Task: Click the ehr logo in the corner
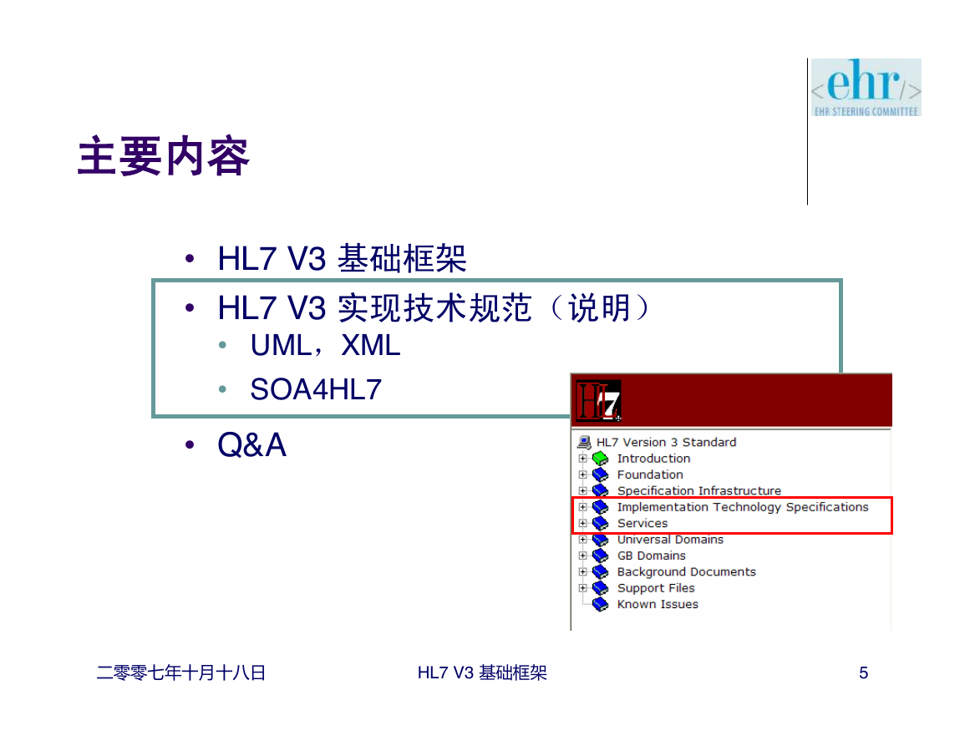pos(866,88)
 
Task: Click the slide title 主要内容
pos(164,156)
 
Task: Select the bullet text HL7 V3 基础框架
pos(343,258)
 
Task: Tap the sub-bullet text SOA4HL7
pos(316,389)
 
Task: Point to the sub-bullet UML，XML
pos(325,345)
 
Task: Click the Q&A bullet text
pos(251,444)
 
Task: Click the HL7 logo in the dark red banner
pos(598,401)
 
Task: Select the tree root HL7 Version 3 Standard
pos(666,442)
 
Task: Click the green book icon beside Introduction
pos(600,459)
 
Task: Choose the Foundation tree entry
pos(650,474)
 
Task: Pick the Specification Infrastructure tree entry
pos(699,490)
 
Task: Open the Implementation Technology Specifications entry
pos(743,507)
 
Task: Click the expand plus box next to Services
pos(583,523)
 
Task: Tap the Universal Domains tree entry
pos(670,539)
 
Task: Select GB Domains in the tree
pos(651,556)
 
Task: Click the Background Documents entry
pos(686,571)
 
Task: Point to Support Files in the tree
pos(656,588)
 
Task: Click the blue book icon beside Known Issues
pos(600,605)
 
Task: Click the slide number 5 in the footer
pos(863,672)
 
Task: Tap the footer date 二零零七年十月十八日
pos(181,672)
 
